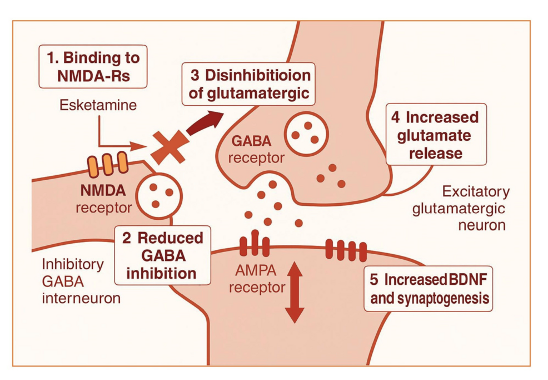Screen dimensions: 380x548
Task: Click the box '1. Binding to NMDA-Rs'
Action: pos(93,66)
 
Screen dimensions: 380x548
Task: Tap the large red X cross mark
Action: pos(168,148)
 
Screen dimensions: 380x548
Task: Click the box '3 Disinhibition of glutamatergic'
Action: pos(248,85)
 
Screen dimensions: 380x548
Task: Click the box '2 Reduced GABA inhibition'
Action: pos(162,255)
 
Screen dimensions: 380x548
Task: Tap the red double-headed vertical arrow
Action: pos(294,293)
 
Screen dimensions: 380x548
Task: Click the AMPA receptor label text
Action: pos(257,278)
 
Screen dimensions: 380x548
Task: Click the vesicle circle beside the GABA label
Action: pos(306,134)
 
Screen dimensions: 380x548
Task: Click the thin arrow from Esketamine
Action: pos(114,139)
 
